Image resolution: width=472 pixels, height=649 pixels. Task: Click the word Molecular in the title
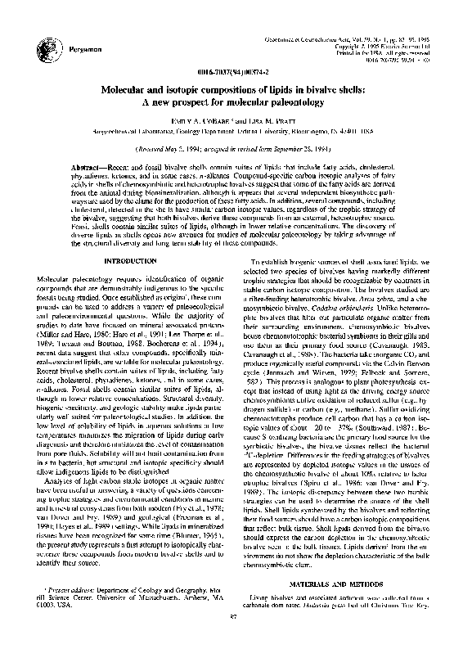coord(135,88)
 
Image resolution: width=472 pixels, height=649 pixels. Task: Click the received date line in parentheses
coord(236,151)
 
